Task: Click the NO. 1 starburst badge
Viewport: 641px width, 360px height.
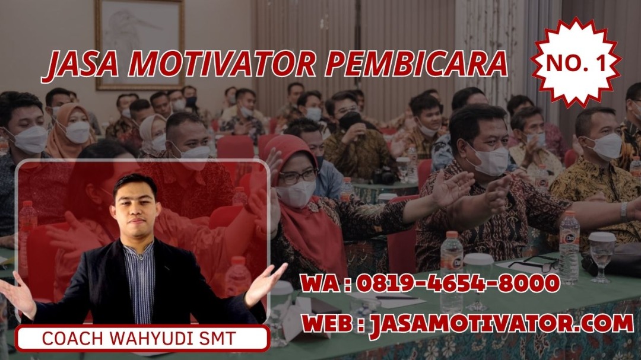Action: coord(576,62)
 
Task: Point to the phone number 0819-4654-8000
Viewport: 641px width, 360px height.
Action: coord(458,283)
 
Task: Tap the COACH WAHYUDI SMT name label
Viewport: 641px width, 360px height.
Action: coord(139,338)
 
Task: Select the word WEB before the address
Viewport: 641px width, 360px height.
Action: coord(328,323)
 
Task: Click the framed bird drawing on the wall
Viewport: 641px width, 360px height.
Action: coord(139,43)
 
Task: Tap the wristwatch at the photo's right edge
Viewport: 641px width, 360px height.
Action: coord(623,212)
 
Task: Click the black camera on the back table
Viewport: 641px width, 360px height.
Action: coord(384,176)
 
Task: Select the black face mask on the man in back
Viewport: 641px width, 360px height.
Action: coord(350,120)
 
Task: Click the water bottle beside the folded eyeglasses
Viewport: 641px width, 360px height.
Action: coord(569,247)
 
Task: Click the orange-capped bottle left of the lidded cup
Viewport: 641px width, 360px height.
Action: coord(452,271)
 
